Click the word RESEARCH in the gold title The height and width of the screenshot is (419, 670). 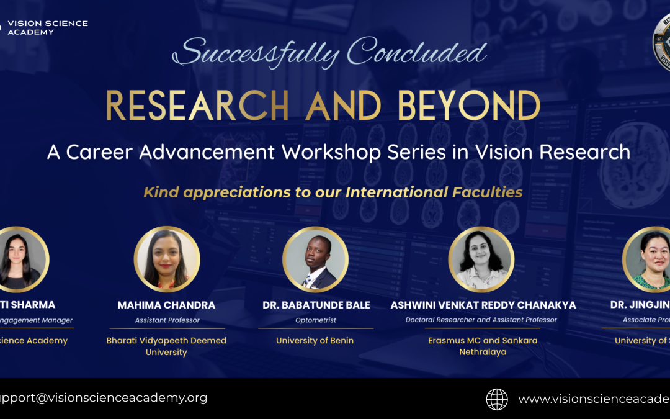pyautogui.click(x=197, y=106)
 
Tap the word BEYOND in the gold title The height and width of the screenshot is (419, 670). pyautogui.click(x=469, y=106)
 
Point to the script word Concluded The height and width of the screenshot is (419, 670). pyautogui.click(x=416, y=53)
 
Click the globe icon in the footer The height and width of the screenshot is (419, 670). pyautogui.click(x=497, y=399)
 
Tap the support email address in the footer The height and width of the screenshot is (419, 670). pyautogui.click(x=102, y=398)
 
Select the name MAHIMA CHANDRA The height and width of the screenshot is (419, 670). pyautogui.click(x=166, y=305)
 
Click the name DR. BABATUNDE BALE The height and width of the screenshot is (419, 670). pyautogui.click(x=316, y=305)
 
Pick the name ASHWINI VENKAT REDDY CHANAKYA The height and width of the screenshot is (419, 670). pyautogui.click(x=483, y=305)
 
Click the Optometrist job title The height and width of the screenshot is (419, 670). pyautogui.click(x=316, y=320)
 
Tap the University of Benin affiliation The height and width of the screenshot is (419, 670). pyautogui.click(x=315, y=340)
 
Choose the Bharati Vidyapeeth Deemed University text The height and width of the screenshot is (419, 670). pyautogui.click(x=166, y=346)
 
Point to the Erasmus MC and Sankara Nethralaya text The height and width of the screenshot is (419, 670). pyautogui.click(x=483, y=346)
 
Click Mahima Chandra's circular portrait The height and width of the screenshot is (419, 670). pyautogui.click(x=167, y=259)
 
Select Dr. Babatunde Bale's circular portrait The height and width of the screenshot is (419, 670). pyautogui.click(x=315, y=259)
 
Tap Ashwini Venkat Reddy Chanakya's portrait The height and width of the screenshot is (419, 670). pyautogui.click(x=481, y=259)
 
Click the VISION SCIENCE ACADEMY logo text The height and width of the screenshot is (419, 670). pyautogui.click(x=47, y=27)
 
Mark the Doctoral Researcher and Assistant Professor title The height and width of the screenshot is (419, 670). pyautogui.click(x=481, y=320)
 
